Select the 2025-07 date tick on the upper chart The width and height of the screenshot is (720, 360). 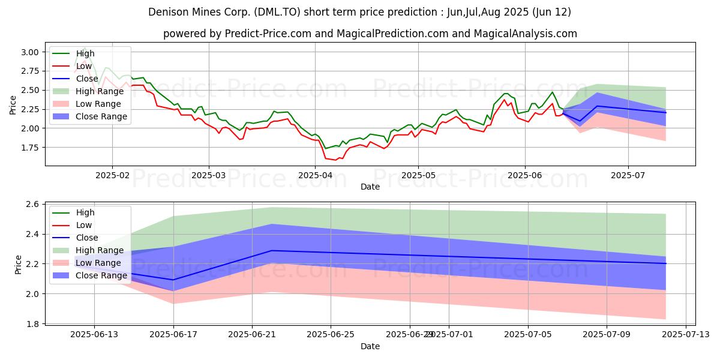point(628,175)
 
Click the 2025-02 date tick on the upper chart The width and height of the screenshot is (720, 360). point(112,175)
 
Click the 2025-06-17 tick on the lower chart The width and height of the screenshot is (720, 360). point(173,334)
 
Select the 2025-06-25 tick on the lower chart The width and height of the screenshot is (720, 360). point(331,334)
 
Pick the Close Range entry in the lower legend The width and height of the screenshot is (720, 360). point(101,275)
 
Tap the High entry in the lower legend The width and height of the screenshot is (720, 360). point(85,212)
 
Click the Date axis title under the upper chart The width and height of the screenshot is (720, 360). point(370,187)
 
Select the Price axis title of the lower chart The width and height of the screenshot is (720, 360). point(19,264)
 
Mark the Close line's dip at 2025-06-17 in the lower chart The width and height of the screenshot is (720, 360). point(173,280)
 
